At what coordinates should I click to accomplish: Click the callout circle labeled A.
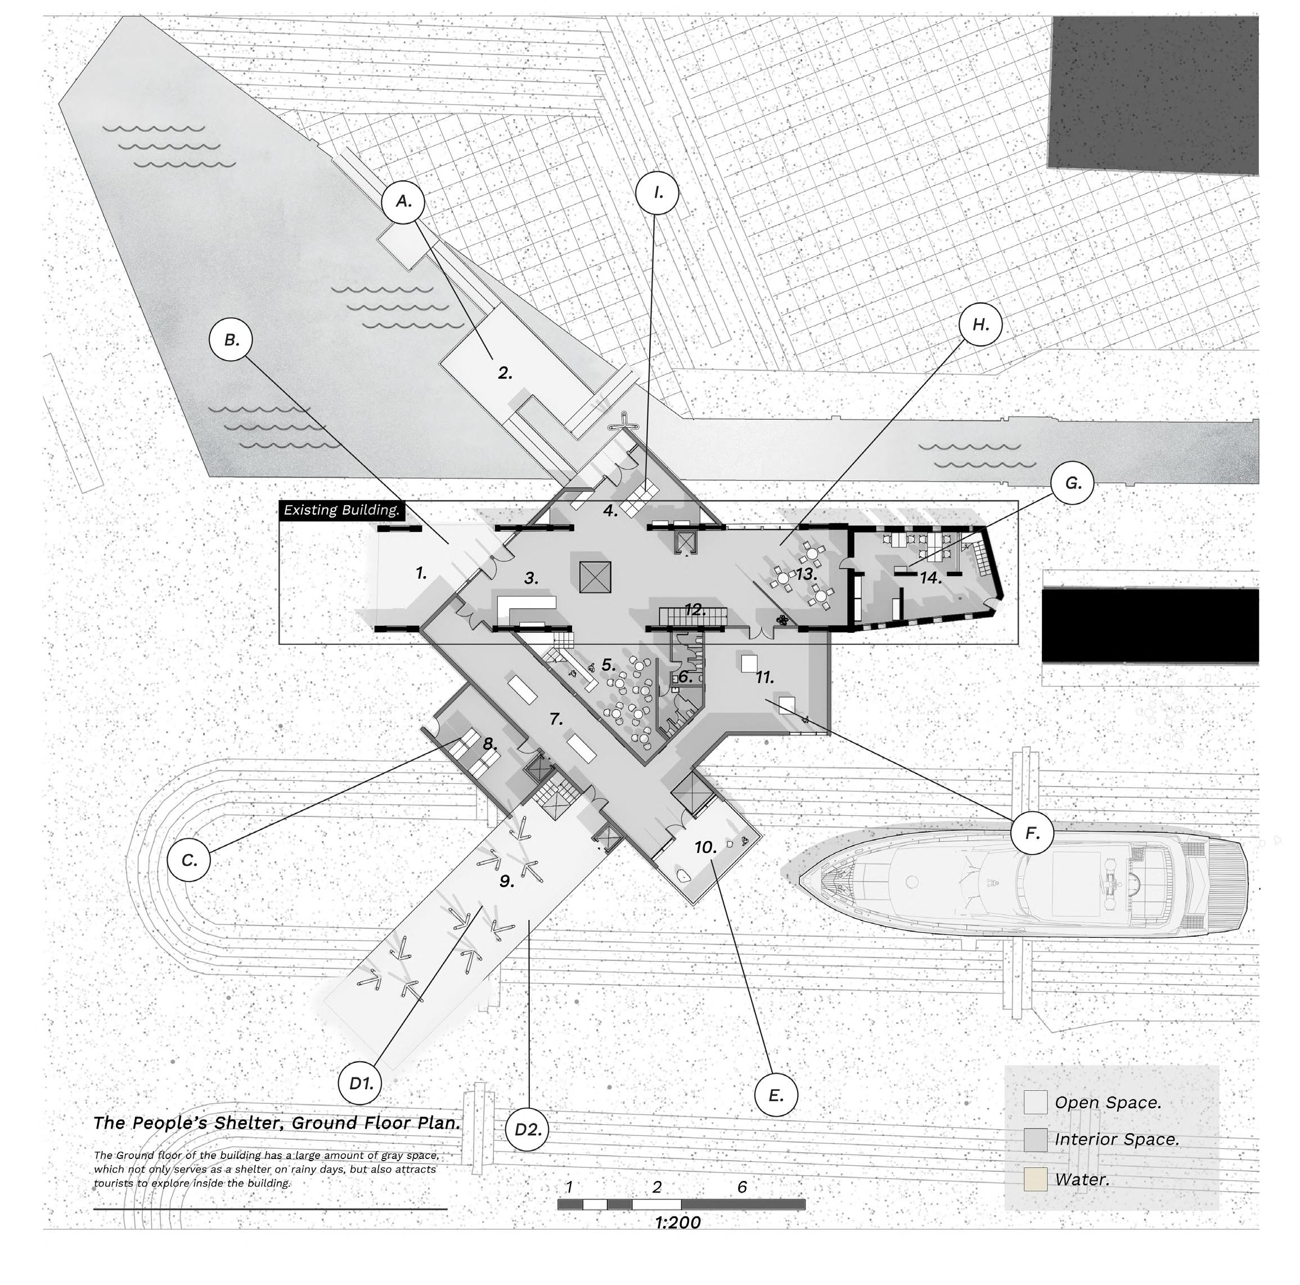click(x=403, y=201)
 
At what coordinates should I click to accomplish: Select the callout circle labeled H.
click(x=980, y=325)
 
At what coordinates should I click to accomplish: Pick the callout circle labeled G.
click(x=1072, y=483)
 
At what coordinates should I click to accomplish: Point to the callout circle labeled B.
click(x=231, y=340)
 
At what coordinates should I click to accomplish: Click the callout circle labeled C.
click(x=188, y=860)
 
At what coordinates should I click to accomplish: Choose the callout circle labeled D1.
click(x=360, y=1083)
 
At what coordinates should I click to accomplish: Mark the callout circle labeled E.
click(x=775, y=1095)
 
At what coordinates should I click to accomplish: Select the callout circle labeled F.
click(x=1032, y=833)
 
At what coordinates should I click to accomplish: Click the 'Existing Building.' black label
click(x=342, y=510)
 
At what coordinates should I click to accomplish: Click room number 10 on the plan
click(x=705, y=847)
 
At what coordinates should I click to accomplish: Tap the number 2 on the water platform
click(x=505, y=372)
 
